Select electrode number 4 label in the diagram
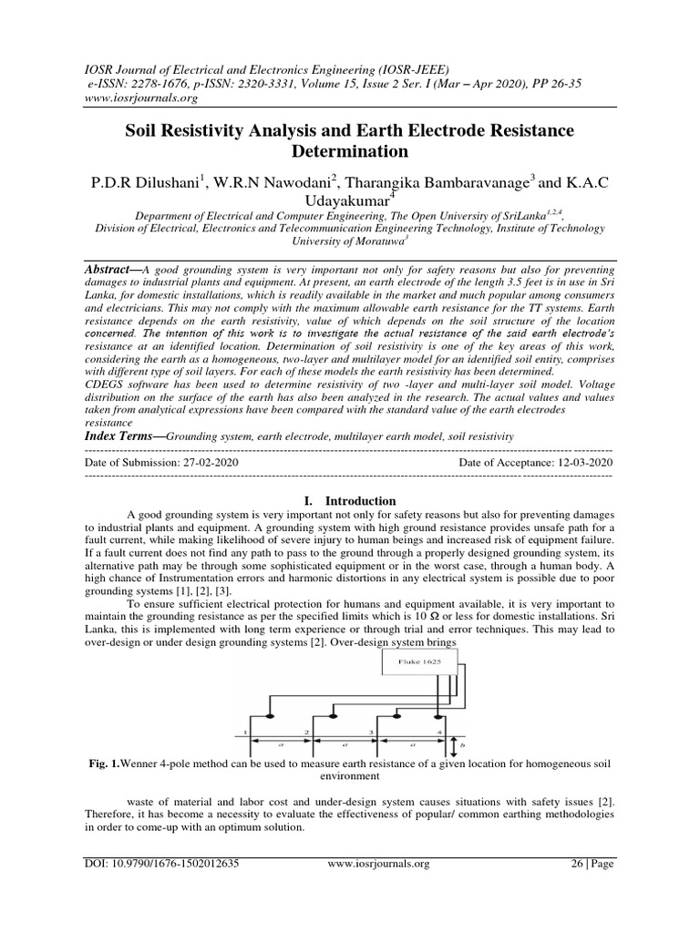tap(438, 731)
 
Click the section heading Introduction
tap(350, 501)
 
